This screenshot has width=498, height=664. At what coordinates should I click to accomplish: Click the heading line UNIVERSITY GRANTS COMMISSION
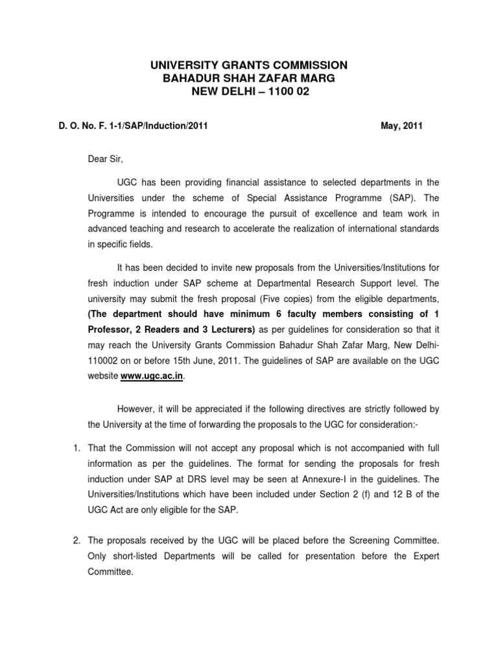249,65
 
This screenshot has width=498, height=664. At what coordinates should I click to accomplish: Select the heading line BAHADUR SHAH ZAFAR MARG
249,78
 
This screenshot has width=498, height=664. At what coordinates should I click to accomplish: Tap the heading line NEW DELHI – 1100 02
249,92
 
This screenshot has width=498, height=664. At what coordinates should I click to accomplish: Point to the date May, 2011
401,126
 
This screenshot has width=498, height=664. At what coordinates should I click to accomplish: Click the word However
137,409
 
